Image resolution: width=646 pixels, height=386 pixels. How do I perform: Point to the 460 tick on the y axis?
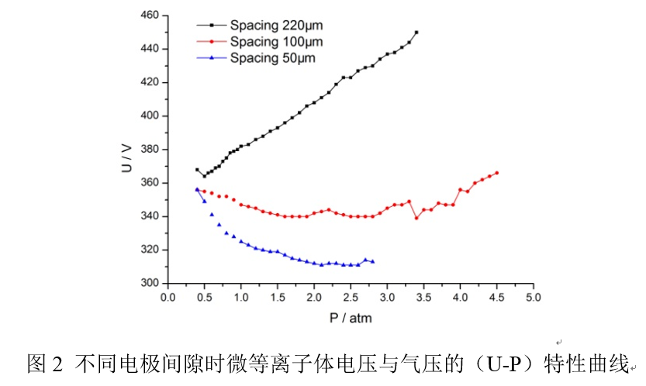click(149, 16)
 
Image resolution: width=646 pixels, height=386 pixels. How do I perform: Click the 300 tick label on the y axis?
click(149, 283)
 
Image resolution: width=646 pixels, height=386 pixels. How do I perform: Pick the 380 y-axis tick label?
click(149, 149)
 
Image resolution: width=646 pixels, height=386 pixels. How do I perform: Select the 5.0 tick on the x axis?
click(533, 297)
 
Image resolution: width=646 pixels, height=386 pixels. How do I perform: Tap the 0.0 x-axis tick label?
click(167, 297)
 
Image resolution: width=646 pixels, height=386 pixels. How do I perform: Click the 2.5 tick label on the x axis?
click(350, 297)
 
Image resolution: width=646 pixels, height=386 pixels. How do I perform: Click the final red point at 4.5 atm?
click(497, 173)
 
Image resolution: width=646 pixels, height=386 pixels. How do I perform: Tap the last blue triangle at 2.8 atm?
click(372, 261)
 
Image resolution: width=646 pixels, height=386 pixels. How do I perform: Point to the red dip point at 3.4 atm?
click(416, 218)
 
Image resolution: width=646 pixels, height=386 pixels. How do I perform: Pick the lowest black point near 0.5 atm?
click(204, 176)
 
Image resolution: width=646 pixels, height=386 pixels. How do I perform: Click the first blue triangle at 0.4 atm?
click(197, 190)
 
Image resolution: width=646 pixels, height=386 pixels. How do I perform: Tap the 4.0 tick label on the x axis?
click(460, 297)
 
